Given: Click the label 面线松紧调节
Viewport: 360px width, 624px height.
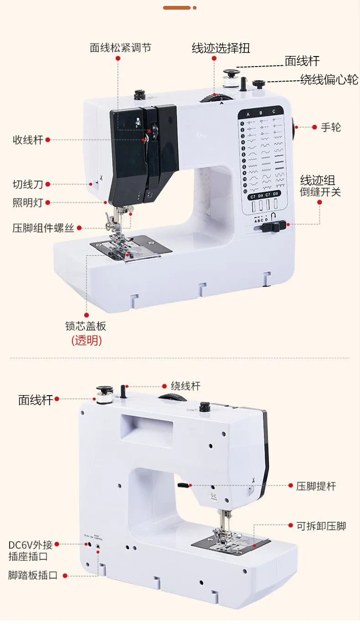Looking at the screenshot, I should coord(120,48).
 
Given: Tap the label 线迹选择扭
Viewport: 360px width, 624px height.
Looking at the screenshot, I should coord(221,48).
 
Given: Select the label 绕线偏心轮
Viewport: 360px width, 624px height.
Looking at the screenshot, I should coord(329,80).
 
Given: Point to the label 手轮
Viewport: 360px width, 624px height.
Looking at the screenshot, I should coord(331,127).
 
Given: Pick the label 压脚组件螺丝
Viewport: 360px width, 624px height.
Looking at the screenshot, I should coord(43,228).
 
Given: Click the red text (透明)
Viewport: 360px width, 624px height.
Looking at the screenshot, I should coord(87,340).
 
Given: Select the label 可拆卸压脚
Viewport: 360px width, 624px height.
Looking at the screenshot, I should coord(321,526).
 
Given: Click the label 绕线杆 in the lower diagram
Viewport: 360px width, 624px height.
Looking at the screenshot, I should coord(185,386).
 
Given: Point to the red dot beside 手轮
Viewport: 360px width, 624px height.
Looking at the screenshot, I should coord(314,127).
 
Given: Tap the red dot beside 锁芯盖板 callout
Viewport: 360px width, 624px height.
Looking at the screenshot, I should coord(86,314).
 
